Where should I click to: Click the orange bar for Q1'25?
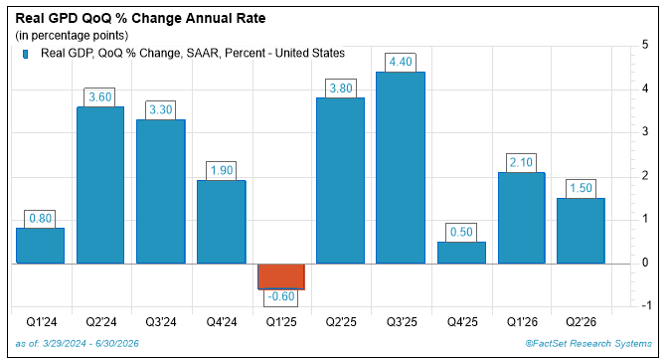tap(281, 276)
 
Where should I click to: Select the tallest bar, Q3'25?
tap(401, 168)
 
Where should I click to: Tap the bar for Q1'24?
tap(40, 246)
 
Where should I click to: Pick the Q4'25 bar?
tap(461, 253)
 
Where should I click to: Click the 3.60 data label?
tap(99, 97)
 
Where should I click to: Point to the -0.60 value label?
tap(280, 296)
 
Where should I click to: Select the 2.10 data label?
tap(521, 163)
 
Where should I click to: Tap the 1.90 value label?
tap(222, 171)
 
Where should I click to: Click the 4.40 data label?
tap(401, 63)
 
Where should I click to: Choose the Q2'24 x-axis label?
tap(101, 322)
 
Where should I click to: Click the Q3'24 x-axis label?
tap(161, 322)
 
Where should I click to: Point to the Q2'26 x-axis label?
tap(581, 322)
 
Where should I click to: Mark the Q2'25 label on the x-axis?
tap(341, 322)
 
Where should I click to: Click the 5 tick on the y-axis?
tap(645, 45)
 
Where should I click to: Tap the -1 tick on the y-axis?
tap(646, 305)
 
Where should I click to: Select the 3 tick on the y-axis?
tap(645, 131)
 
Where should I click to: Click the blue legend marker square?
tap(26, 55)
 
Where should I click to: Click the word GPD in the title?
tap(59, 18)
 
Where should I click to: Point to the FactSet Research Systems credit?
tap(588, 344)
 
